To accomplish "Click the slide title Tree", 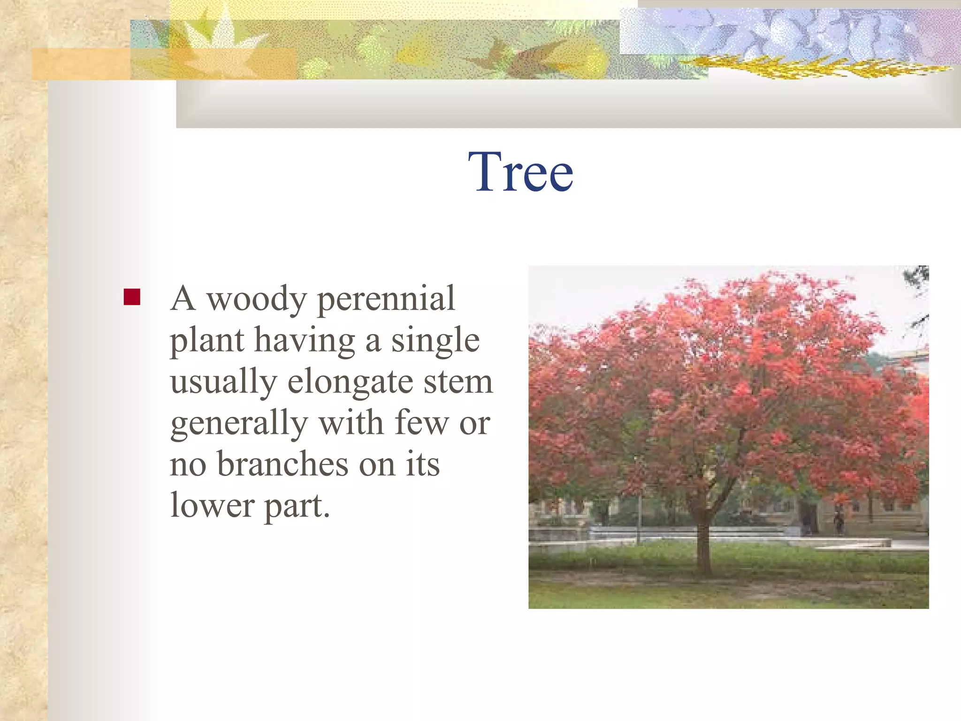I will pyautogui.click(x=520, y=172).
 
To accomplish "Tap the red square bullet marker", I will pyautogui.click(x=132, y=297).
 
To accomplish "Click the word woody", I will pyautogui.click(x=257, y=299).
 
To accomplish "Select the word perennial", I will pyautogui.click(x=386, y=300).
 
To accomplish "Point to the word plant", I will pyautogui.click(x=206, y=341).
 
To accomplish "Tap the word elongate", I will pyautogui.click(x=350, y=383).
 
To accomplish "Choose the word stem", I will pyautogui.click(x=458, y=383).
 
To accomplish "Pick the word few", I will pyautogui.click(x=422, y=423).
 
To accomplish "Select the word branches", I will pyautogui.click(x=282, y=464).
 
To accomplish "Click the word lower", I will pyautogui.click(x=212, y=506).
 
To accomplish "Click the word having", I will pyautogui.click(x=305, y=341).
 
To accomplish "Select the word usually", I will pyautogui.click(x=223, y=383).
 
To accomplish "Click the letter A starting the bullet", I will pyautogui.click(x=183, y=299).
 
